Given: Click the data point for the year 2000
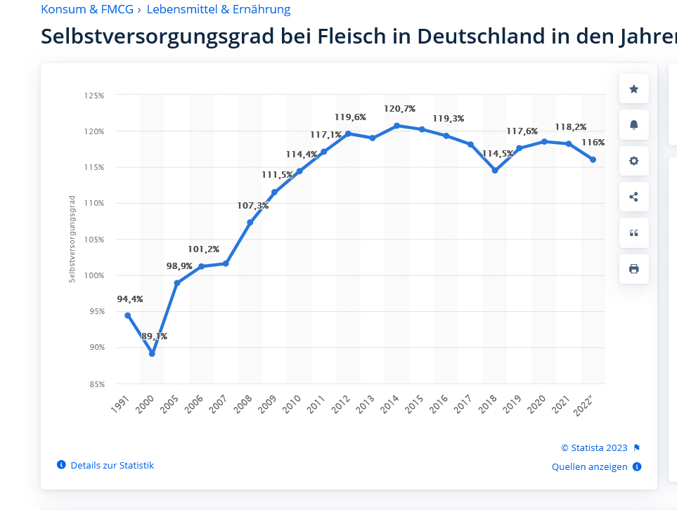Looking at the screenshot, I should (152, 353).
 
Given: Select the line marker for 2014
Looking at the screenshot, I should (396, 126).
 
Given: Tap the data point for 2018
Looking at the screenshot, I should (495, 171).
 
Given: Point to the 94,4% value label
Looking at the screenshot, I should (130, 299).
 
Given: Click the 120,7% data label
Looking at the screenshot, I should (400, 109).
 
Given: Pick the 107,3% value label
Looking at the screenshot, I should (253, 206).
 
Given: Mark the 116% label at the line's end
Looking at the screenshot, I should (593, 143).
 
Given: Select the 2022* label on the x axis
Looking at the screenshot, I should (583, 406).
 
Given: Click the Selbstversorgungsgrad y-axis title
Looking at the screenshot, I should (72, 240).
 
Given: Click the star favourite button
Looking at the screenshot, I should (634, 89).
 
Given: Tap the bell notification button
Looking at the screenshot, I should (634, 125).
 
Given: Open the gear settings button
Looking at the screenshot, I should (634, 161).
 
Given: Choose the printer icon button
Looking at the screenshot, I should (634, 269).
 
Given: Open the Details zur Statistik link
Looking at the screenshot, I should (112, 465).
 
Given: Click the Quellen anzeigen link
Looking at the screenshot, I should (589, 466).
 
